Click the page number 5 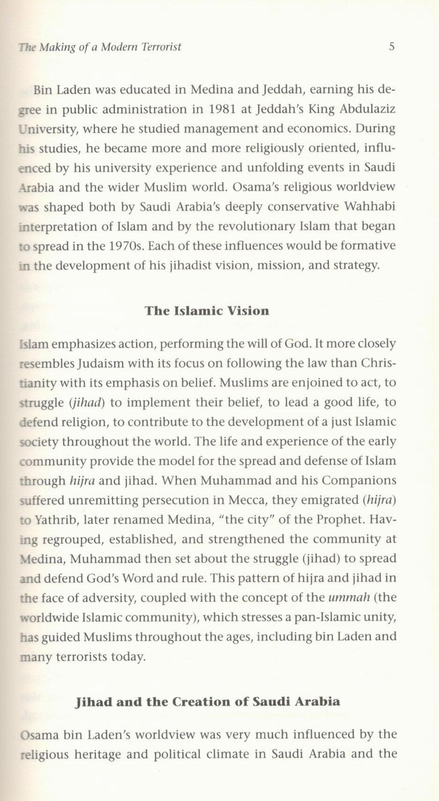(392, 46)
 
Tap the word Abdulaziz (367, 109)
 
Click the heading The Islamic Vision (207, 311)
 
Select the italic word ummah (350, 597)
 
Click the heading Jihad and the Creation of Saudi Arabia (207, 701)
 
